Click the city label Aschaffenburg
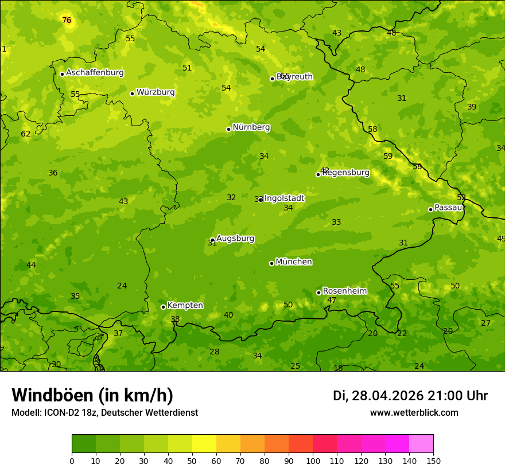point(95,73)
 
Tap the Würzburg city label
point(156,92)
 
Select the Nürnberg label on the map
point(251,127)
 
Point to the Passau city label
point(448,208)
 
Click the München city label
point(294,262)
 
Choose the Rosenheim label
point(344,291)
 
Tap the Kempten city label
point(185,306)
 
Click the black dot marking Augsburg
point(212,240)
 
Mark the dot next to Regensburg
point(318,174)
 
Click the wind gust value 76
point(67,21)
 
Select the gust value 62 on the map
point(26,134)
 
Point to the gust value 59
point(388,157)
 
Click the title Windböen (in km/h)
point(92,395)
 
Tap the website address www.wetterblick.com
point(414,413)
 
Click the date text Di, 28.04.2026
point(378,396)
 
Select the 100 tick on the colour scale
point(313,461)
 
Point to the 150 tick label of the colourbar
point(433,461)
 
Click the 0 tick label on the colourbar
point(72,461)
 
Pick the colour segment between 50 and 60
point(204,444)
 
